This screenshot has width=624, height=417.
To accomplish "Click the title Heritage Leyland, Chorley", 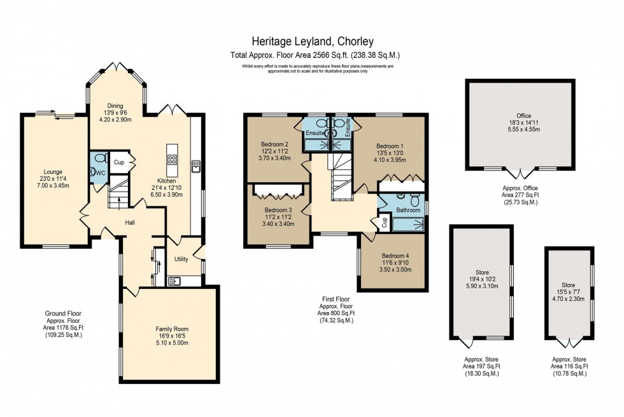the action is pyautogui.click(x=313, y=41).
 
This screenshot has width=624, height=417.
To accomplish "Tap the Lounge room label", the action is pyautogui.click(x=53, y=172).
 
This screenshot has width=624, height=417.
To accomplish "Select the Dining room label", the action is pyautogui.click(x=115, y=106).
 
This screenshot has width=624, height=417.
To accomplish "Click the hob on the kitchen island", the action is pyautogui.click(x=173, y=160).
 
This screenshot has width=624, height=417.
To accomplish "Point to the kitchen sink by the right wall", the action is pyautogui.click(x=196, y=166).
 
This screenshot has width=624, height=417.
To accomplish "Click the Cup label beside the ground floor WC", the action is pyautogui.click(x=118, y=162).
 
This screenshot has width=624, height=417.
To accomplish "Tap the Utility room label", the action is pyautogui.click(x=181, y=259).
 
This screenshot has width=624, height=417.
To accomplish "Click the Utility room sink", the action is pyautogui.click(x=174, y=281).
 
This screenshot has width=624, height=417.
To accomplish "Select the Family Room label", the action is pyautogui.click(x=172, y=329).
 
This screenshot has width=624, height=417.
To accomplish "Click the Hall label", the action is pyautogui.click(x=130, y=222).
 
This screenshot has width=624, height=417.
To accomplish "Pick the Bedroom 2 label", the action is pyautogui.click(x=274, y=144).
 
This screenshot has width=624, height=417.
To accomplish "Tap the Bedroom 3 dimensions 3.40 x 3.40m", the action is pyautogui.click(x=278, y=224).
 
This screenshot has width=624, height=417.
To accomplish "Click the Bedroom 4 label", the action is pyautogui.click(x=395, y=256).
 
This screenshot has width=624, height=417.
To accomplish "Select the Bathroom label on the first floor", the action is pyautogui.click(x=408, y=209).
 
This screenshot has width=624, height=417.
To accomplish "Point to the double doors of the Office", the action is pyautogui.click(x=521, y=174).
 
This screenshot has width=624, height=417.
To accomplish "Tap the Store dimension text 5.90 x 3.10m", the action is pyautogui.click(x=482, y=286).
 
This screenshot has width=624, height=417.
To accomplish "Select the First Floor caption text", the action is pyautogui.click(x=336, y=299).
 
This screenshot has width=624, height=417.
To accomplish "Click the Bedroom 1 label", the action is pyautogui.click(x=390, y=146).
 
